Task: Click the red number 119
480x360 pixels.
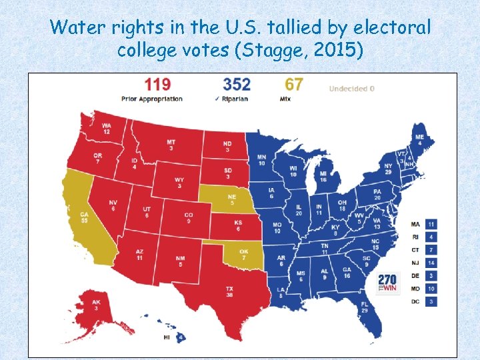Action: pyautogui.click(x=157, y=85)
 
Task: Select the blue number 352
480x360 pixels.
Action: pyautogui.click(x=237, y=85)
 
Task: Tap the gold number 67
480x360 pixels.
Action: pyautogui.click(x=294, y=85)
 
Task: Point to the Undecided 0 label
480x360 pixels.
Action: pyautogui.click(x=351, y=88)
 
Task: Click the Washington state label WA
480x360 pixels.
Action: pyautogui.click(x=107, y=126)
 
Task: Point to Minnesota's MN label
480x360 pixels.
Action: pyautogui.click(x=261, y=158)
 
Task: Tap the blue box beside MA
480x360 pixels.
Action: pyautogui.click(x=431, y=224)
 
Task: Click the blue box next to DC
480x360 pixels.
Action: pyautogui.click(x=431, y=301)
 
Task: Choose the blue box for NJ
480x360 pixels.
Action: pyautogui.click(x=431, y=263)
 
